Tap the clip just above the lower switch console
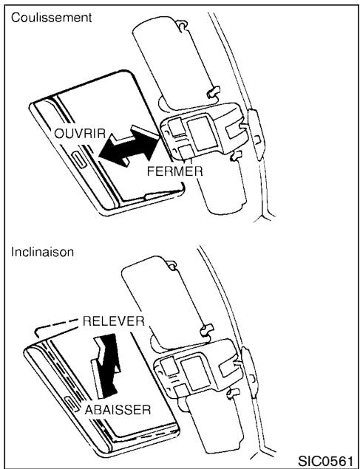pos(206,327)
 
